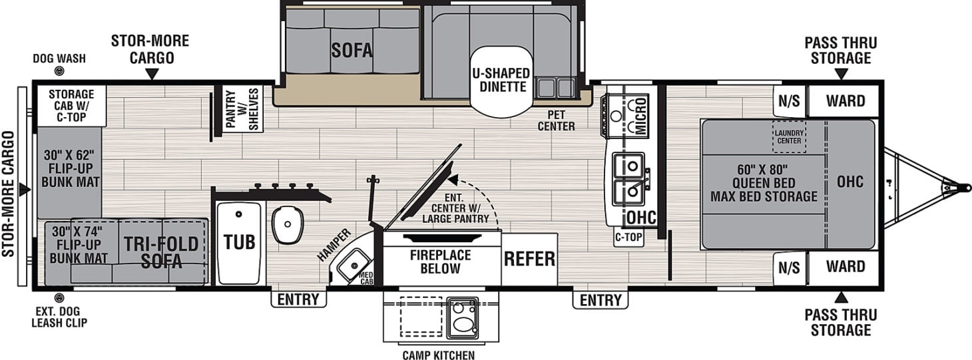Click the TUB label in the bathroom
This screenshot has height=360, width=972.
tap(239, 242)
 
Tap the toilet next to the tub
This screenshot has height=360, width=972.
tap(288, 224)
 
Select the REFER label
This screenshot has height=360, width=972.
tap(529, 259)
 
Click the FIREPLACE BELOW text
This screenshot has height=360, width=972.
tap(440, 262)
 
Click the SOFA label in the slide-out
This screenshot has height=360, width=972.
tap(352, 50)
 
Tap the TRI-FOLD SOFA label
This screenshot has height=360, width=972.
tap(161, 252)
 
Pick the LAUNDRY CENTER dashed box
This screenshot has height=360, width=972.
tap(788, 136)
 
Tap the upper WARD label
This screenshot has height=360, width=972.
tap(846, 101)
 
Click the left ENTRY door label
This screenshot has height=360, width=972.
tap(298, 300)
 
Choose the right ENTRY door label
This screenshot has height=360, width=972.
tap(600, 301)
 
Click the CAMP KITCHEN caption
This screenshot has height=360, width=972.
tap(438, 355)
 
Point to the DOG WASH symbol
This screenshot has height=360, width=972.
tap(60, 74)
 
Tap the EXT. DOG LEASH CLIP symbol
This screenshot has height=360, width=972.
tap(59, 297)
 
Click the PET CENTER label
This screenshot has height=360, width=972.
tap(557, 120)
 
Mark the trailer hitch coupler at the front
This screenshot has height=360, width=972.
tap(963, 188)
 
